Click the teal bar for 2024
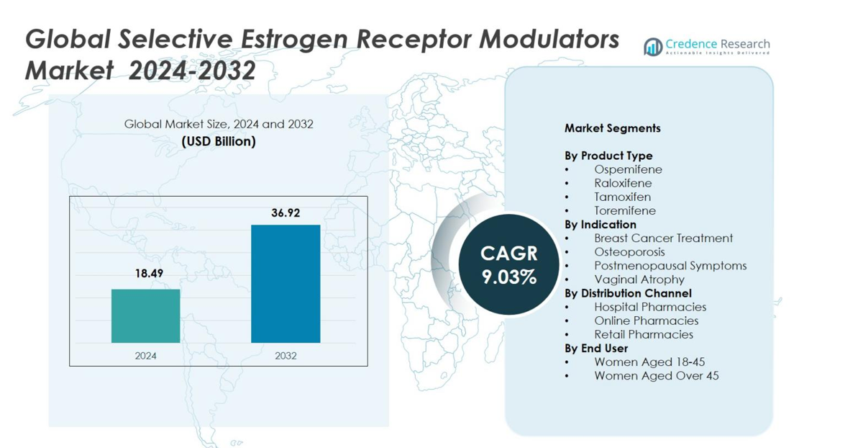pos(145,315)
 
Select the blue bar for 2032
pos(286,284)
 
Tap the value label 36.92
pos(286,212)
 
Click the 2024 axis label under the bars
pos(145,355)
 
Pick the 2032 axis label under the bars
pos(286,355)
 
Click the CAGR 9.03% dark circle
pos(509,264)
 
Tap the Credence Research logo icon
pos(653,47)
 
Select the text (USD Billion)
pos(219,141)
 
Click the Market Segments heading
pos(612,128)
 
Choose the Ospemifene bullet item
pos(628,169)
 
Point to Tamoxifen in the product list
pos(622,197)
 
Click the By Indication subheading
pos(600,225)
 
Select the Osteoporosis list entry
pos(629,252)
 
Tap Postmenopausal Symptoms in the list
pos(670,266)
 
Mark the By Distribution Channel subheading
pos(628,293)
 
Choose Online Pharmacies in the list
pos(646,321)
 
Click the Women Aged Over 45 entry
pos(656,375)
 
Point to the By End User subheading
pos(597,348)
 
